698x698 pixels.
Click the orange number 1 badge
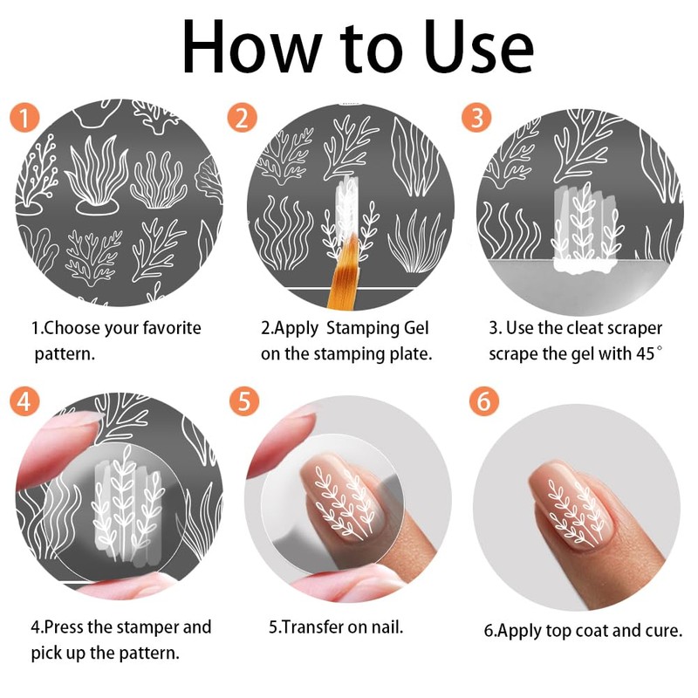pos(24,118)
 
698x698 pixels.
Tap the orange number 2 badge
pos(242,118)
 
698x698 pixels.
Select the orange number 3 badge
pos(476,118)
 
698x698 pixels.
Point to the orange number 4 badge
pos(24,400)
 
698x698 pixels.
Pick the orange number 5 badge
pos(244,400)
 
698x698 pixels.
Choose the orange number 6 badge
pos(484,400)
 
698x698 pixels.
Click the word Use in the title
pos(478,48)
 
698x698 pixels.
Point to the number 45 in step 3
pos(646,354)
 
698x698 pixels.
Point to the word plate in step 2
pos(410,355)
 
